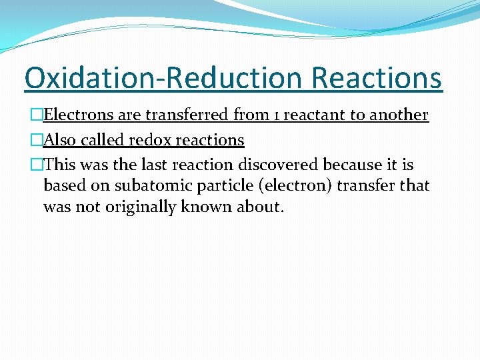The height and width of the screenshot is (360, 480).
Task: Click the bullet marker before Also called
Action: click(x=37, y=140)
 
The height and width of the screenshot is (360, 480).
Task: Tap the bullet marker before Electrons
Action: click(x=37, y=115)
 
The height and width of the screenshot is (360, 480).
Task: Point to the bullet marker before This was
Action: click(x=37, y=165)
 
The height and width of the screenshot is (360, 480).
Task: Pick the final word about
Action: click(x=261, y=207)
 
